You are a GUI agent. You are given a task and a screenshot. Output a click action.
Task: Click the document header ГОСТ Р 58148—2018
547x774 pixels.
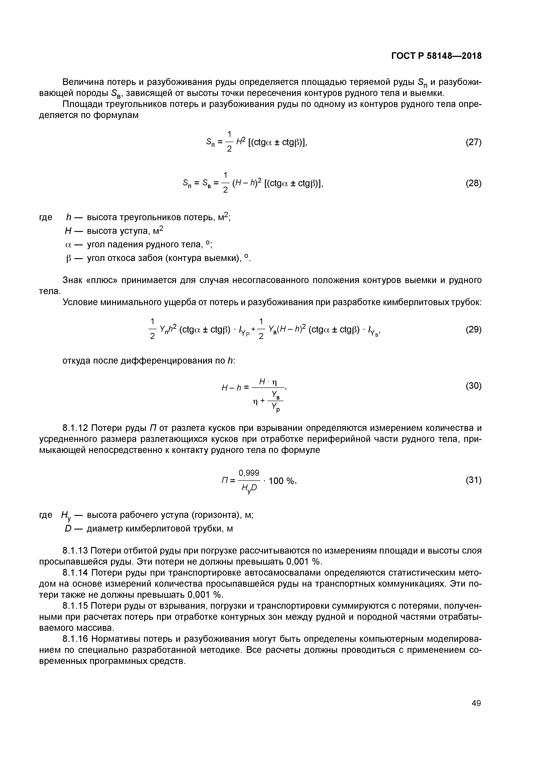436,56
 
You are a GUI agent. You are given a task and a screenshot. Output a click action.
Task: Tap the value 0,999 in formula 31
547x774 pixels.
249,473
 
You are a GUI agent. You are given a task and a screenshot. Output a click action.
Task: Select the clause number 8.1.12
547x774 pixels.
75,428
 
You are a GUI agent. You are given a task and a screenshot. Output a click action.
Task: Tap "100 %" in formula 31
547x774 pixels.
282,481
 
